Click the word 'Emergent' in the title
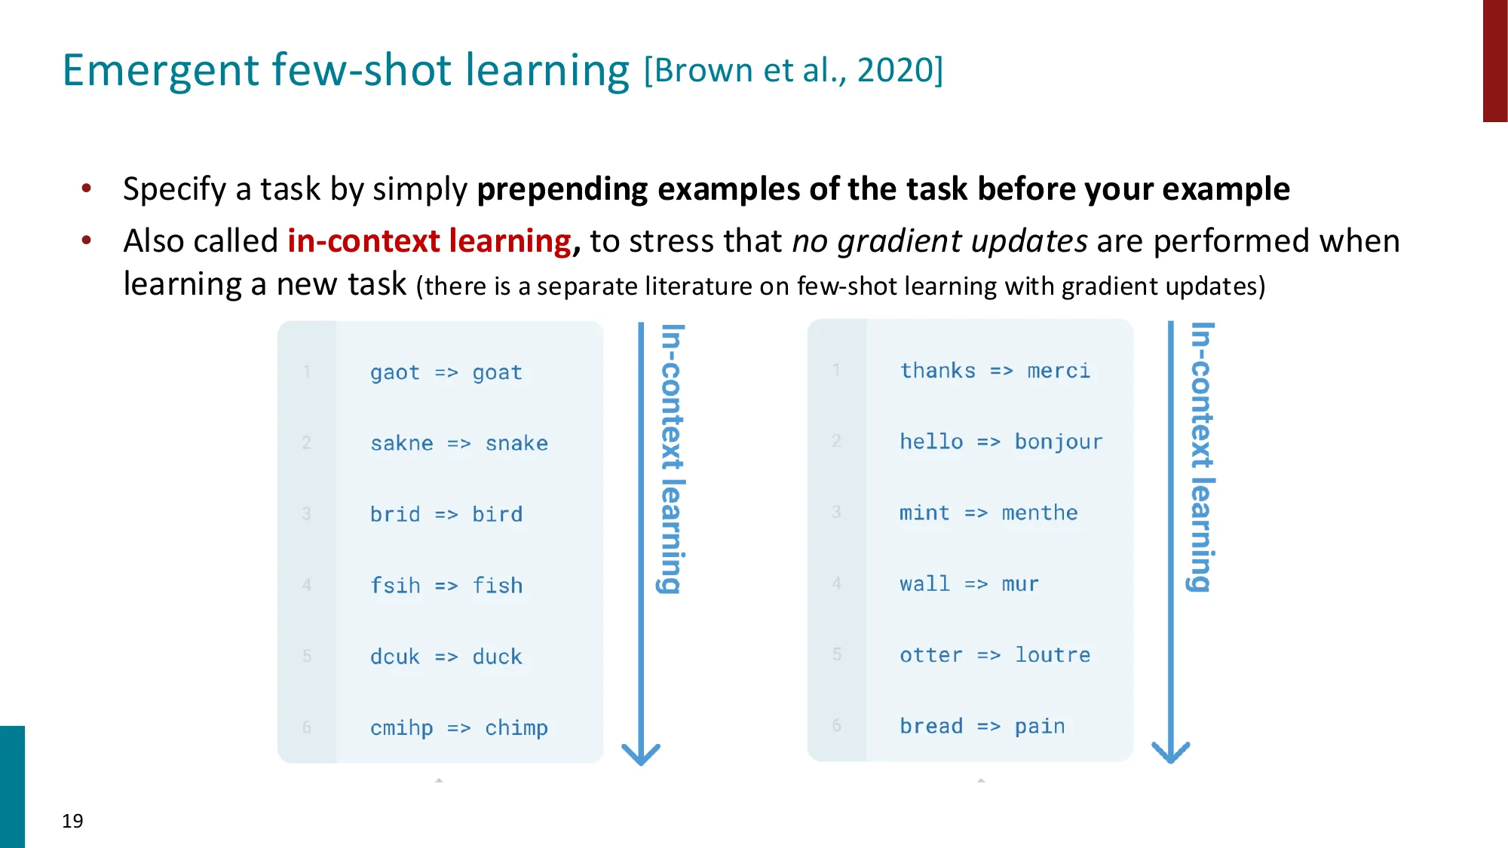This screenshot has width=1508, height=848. tap(160, 70)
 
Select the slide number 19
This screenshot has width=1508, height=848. tap(72, 821)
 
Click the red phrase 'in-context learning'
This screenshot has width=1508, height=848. tap(430, 241)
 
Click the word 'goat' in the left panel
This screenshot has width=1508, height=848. tap(497, 372)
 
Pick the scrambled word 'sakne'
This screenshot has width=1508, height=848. tap(401, 443)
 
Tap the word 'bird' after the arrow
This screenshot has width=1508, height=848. tap(497, 514)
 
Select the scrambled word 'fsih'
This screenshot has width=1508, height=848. tap(395, 586)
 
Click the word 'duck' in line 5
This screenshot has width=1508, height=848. tap(497, 657)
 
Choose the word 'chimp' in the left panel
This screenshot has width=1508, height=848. tap(516, 727)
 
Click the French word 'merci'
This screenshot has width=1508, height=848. tap(1059, 371)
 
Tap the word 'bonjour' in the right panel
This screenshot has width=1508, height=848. tap(1058, 442)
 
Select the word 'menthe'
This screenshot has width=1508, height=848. tap(1039, 513)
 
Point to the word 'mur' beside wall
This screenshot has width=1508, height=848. tap(1020, 584)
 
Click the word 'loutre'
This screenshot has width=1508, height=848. tap(1053, 655)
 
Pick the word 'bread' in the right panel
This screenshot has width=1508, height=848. tap(931, 726)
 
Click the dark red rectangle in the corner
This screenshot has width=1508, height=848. tap(1494, 60)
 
